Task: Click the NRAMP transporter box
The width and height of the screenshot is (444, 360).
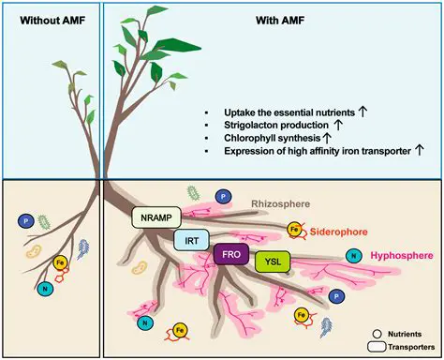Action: click(x=154, y=218)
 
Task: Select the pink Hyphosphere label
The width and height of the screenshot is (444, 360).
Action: click(x=404, y=254)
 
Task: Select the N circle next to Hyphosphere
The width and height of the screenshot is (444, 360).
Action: click(x=355, y=254)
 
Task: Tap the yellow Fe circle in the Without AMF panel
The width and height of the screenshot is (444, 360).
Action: click(x=61, y=265)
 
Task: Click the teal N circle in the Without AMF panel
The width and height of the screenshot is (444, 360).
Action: click(x=44, y=287)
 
